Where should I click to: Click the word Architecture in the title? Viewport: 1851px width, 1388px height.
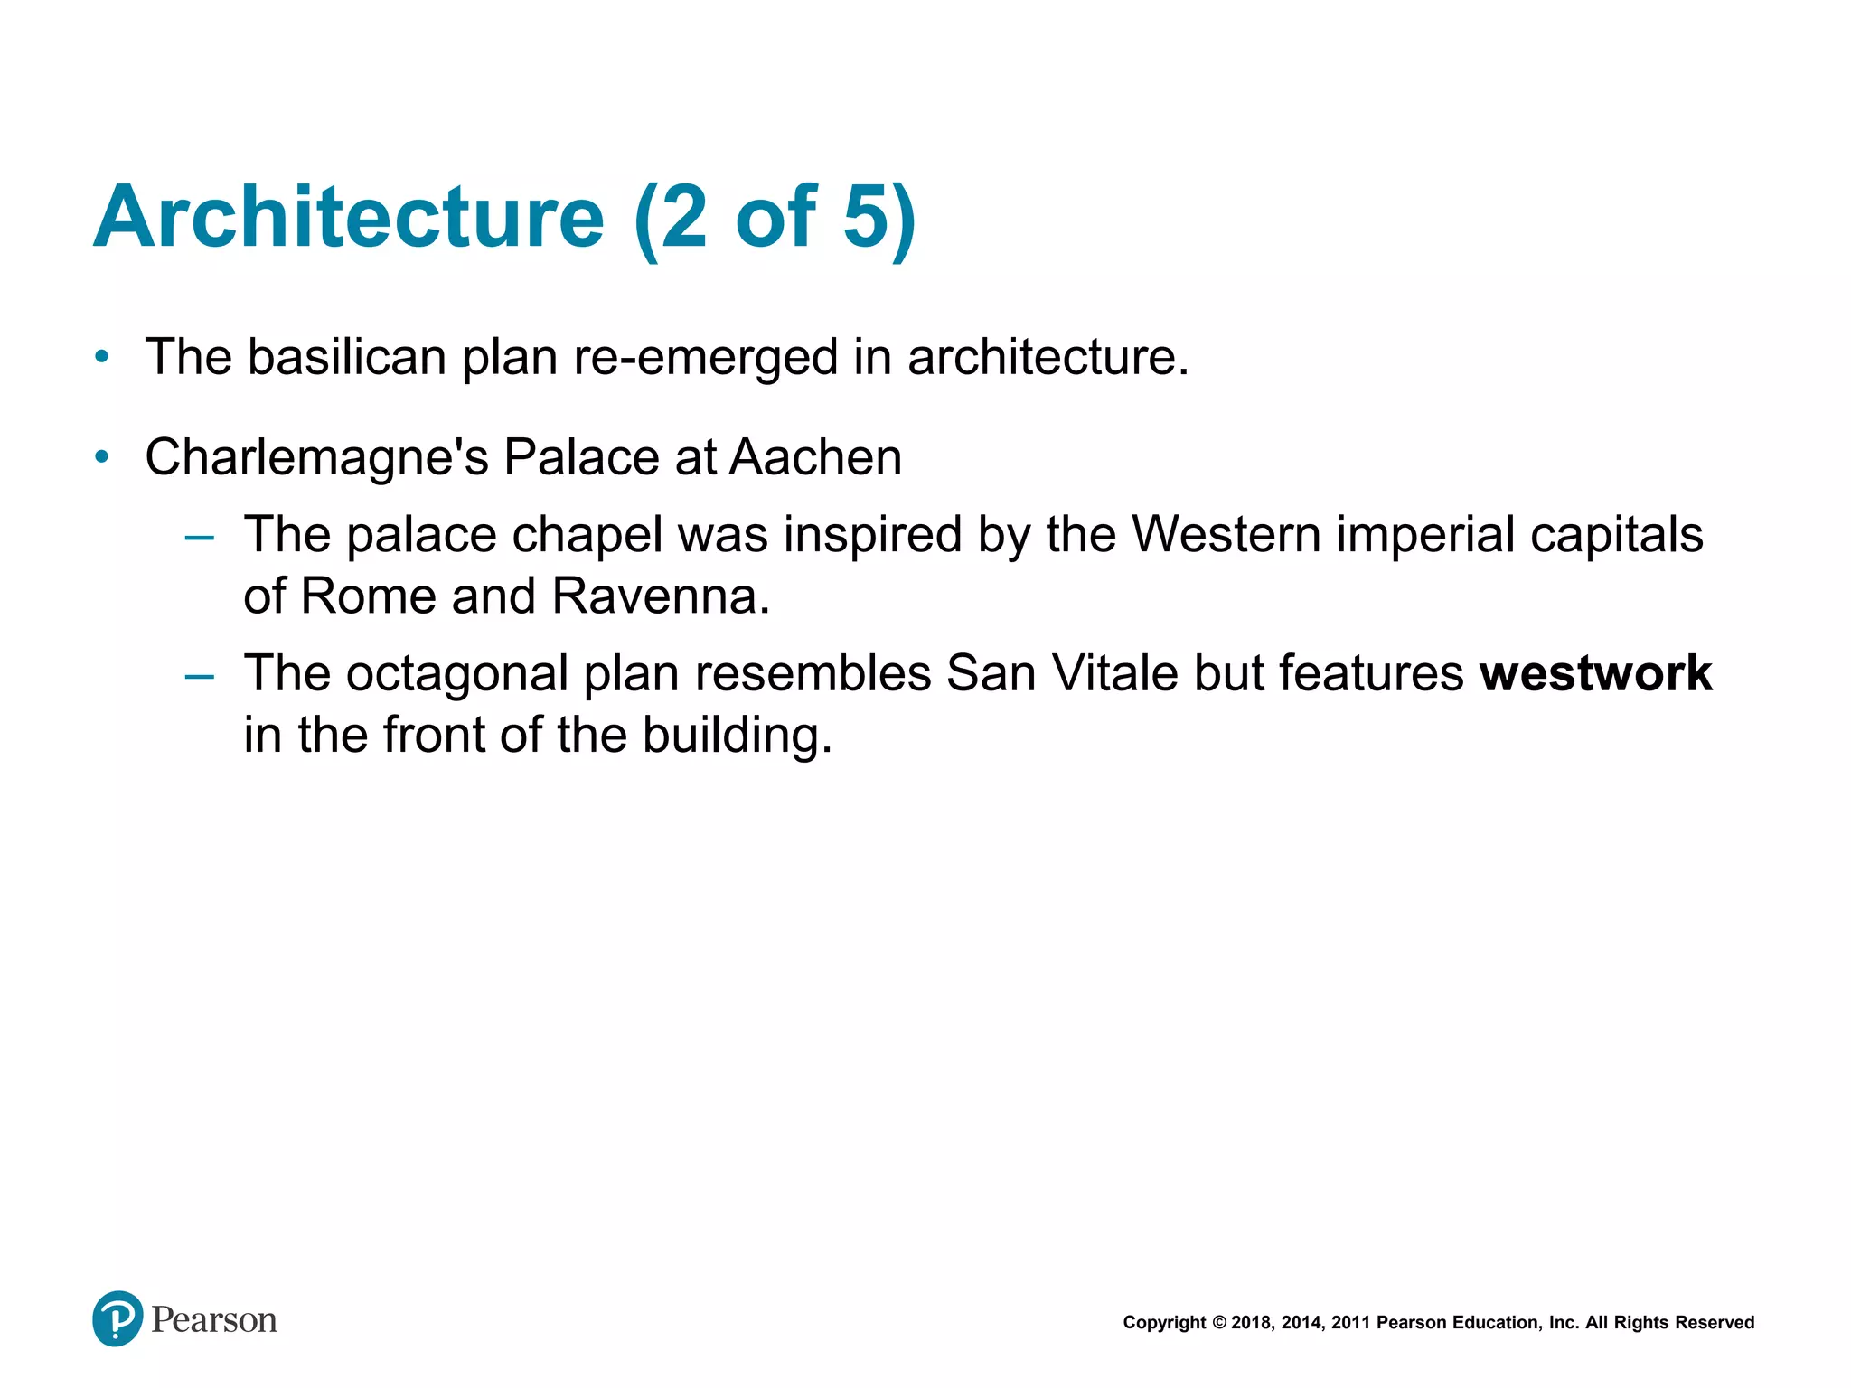348,217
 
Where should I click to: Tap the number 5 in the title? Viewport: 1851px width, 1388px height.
865,217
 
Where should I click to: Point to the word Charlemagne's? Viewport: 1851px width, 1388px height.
316,457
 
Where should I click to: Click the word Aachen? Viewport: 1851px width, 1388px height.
815,457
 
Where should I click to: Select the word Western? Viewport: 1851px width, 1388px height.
1226,534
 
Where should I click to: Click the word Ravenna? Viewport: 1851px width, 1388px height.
660,596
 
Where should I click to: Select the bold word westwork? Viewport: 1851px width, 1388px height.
1595,674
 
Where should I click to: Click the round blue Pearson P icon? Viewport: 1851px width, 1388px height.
117,1318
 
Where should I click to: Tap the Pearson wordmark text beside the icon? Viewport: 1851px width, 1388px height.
214,1320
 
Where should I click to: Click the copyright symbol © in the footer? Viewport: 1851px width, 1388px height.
1218,1323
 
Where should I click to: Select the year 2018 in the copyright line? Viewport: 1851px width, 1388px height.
1252,1323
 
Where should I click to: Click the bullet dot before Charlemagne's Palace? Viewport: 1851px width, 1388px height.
102,457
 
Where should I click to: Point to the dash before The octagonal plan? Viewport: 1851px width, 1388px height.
199,676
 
